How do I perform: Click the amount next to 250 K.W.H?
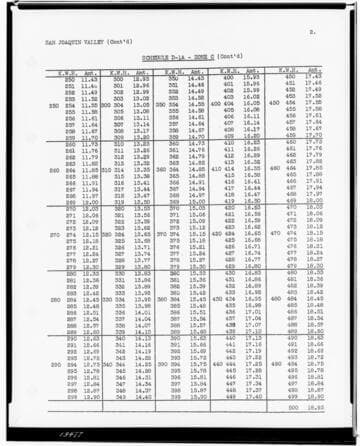point(88,77)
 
